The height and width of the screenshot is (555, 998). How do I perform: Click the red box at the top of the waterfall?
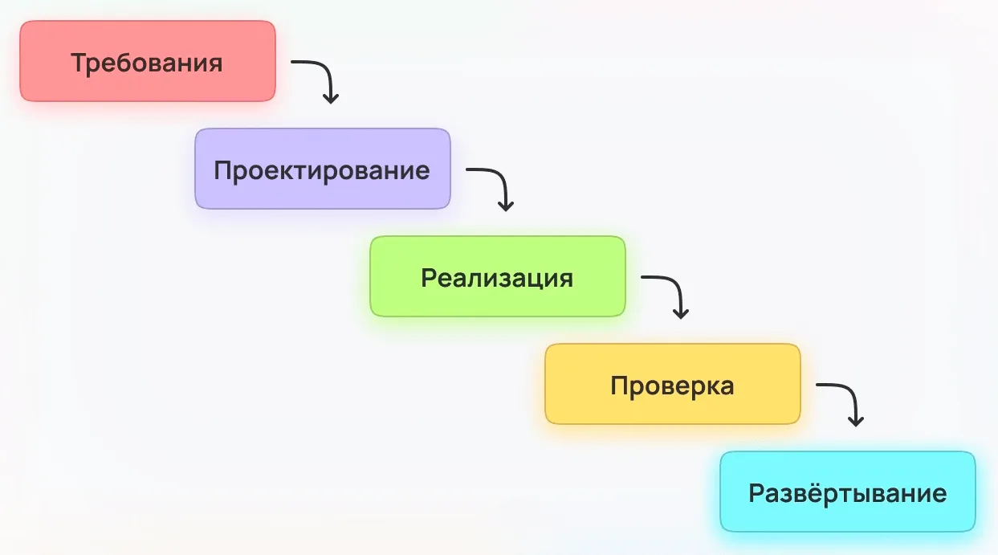tap(148, 61)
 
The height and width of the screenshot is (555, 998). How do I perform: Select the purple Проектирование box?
tap(323, 169)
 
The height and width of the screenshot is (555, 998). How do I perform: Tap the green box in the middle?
tap(498, 276)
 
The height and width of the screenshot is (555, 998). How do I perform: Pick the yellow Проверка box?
tap(673, 384)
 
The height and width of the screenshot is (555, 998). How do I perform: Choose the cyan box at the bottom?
tap(848, 492)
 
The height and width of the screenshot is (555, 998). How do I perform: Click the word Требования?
tap(147, 63)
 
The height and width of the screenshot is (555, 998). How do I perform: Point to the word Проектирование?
tap(322, 171)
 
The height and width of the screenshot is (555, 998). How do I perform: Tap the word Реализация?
tap(497, 279)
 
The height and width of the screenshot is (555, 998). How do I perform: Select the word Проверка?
tap(672, 386)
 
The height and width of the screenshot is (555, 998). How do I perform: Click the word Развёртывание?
tap(847, 493)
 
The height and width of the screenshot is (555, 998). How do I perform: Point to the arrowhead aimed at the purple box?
tap(331, 99)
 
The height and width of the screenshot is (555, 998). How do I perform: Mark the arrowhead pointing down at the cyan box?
tap(856, 422)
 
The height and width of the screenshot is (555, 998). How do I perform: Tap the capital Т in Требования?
tap(79, 63)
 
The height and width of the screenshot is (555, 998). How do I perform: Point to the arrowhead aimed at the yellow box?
tap(681, 314)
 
